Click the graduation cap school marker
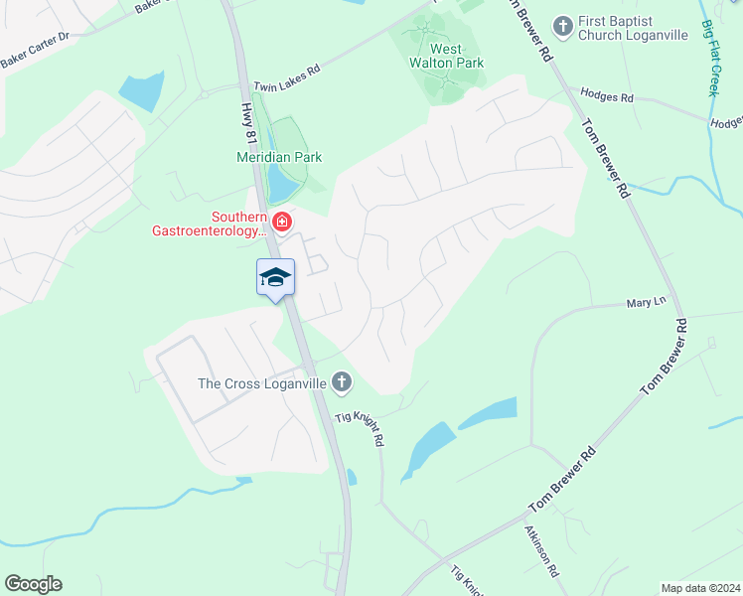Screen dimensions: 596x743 [275, 277]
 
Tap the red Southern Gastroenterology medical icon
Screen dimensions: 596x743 [282, 221]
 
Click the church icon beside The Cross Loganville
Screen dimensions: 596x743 [342, 381]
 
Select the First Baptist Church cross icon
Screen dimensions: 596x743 [564, 25]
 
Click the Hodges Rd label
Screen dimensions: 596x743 [613, 98]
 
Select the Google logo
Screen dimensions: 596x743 [33, 584]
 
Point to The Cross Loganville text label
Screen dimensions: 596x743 [262, 382]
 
